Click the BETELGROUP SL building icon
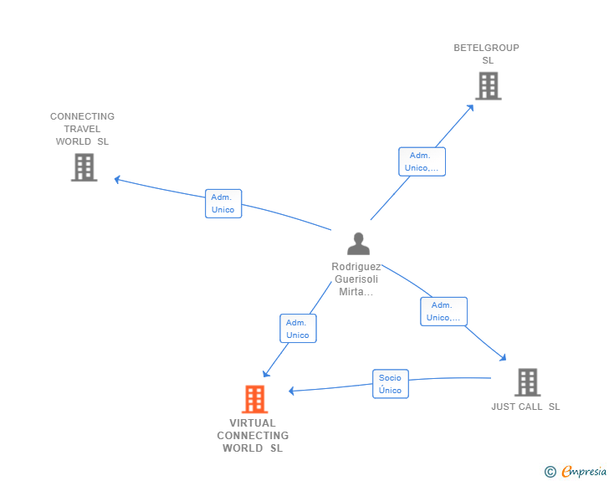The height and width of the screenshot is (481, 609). tap(488, 85)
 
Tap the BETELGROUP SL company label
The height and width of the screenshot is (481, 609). tap(487, 54)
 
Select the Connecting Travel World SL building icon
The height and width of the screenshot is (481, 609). tap(84, 167)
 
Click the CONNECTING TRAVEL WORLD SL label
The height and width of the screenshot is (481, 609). tap(82, 129)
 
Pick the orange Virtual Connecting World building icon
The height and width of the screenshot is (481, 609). tap(254, 399)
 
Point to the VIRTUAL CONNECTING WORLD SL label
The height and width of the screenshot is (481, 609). tap(253, 436)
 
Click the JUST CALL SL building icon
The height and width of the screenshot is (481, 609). tap(527, 382)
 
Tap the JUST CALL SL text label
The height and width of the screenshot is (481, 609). tap(525, 407)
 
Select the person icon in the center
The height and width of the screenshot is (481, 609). tap(358, 243)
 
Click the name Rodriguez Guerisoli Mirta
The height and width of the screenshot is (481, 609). tap(356, 279)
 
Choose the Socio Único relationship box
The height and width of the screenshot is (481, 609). tap(390, 384)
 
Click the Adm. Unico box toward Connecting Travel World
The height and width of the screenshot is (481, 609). tap(223, 203)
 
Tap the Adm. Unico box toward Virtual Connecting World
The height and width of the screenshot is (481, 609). tap(298, 329)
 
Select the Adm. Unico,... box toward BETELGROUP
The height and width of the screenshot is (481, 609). tap(422, 161)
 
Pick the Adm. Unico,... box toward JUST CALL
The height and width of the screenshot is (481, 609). tap(443, 311)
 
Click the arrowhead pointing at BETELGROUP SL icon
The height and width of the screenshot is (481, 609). tap(471, 106)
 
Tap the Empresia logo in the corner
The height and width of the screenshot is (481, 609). tap(584, 472)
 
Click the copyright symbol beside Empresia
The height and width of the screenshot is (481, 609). tap(550, 472)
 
